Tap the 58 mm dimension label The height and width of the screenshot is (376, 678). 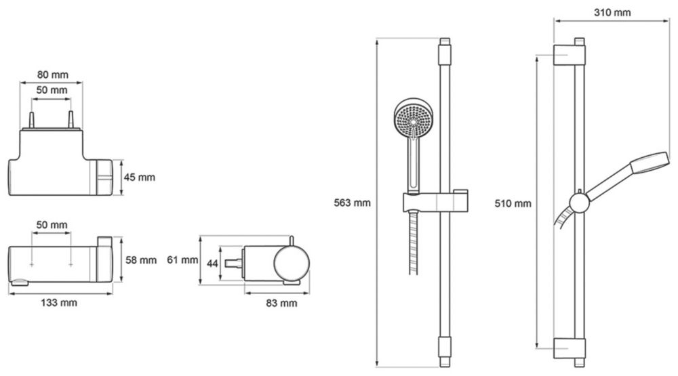tap(142, 259)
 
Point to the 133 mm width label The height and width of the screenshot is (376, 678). tap(59, 303)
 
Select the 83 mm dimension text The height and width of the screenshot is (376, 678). tap(279, 303)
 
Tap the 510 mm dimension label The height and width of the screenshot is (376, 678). tap(514, 203)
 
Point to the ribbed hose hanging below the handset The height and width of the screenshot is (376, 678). tap(412, 244)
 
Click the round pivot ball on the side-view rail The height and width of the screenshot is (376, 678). tap(580, 202)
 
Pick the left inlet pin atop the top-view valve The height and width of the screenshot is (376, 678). tap(32, 121)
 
